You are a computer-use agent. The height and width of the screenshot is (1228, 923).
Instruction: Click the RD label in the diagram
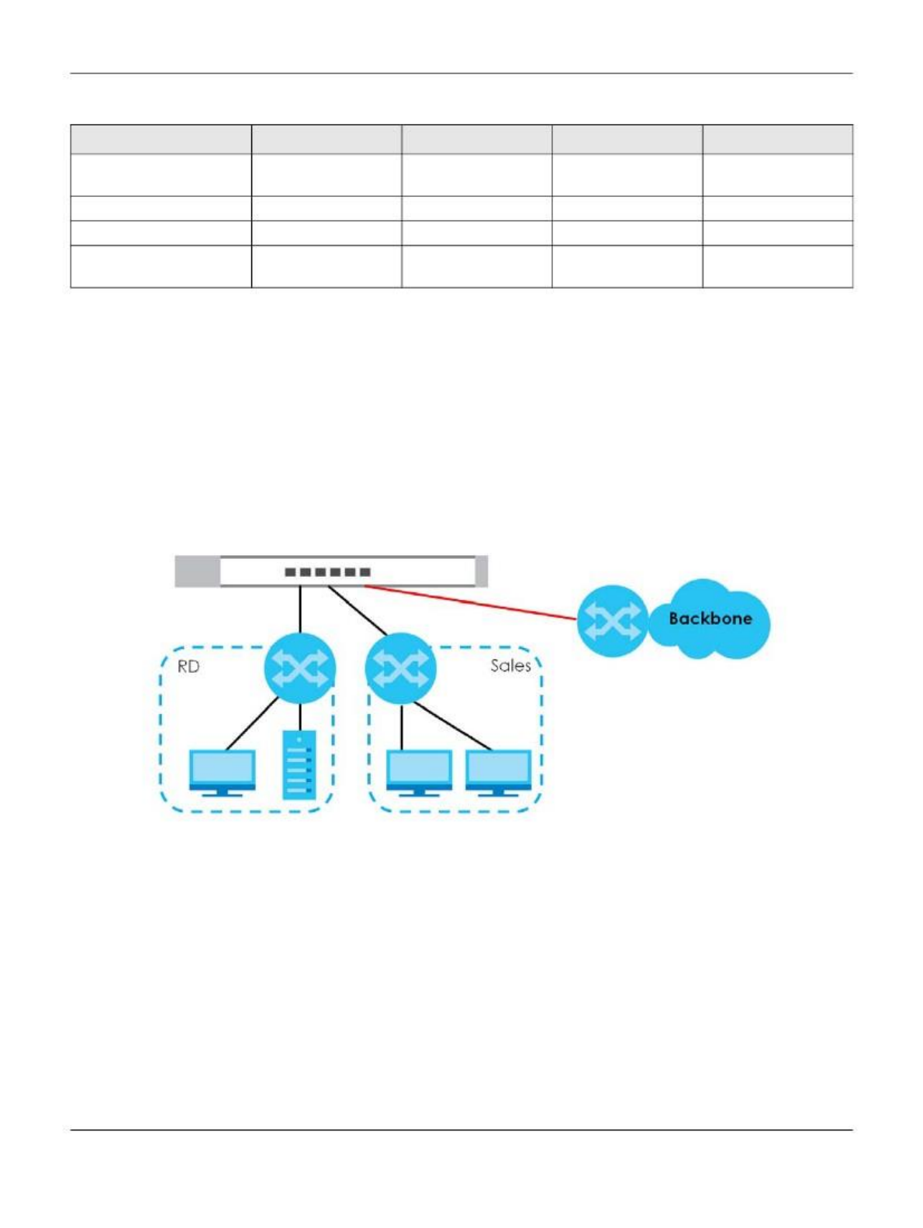coord(188,667)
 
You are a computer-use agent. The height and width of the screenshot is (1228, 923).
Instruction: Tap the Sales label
coord(510,665)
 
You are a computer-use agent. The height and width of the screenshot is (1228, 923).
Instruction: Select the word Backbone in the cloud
coord(710,619)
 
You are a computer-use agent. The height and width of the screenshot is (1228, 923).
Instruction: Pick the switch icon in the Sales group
coord(400,668)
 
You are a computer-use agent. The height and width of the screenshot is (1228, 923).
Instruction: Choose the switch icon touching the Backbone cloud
coord(613,621)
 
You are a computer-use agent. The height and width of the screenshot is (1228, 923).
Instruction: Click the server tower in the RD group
coord(299,765)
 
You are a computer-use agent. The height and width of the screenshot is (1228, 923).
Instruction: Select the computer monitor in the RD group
coord(223,771)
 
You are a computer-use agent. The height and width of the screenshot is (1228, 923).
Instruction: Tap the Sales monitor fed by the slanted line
coord(498,771)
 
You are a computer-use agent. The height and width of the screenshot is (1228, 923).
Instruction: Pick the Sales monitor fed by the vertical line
coord(419,771)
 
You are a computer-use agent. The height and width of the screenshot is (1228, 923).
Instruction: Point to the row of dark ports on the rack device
coord(327,572)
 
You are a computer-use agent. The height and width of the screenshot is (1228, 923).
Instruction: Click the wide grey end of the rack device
coord(197,571)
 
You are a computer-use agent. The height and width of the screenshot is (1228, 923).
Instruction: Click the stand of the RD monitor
coord(223,792)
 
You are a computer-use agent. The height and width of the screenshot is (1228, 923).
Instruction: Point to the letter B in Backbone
coord(675,619)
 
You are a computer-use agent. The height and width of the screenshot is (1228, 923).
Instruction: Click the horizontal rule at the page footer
coord(461,1130)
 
